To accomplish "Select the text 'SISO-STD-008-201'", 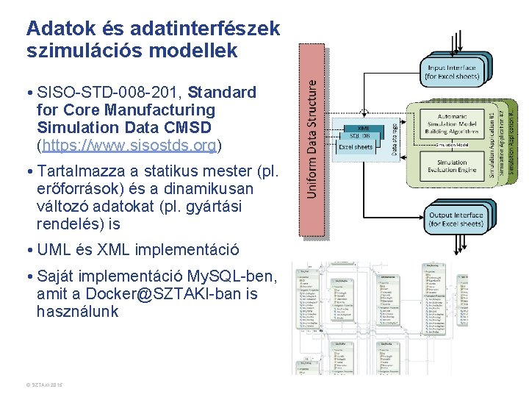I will point(109,93).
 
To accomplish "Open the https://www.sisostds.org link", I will point(129,145).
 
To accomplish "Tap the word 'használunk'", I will point(77,312).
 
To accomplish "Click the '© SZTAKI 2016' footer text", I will point(45,385).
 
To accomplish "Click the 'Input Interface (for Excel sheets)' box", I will point(452,71).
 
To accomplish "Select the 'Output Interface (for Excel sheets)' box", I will point(456,219).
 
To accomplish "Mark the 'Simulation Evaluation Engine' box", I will point(451,167).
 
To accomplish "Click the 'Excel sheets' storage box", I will point(356,147).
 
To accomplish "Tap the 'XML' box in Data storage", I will point(363,128).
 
